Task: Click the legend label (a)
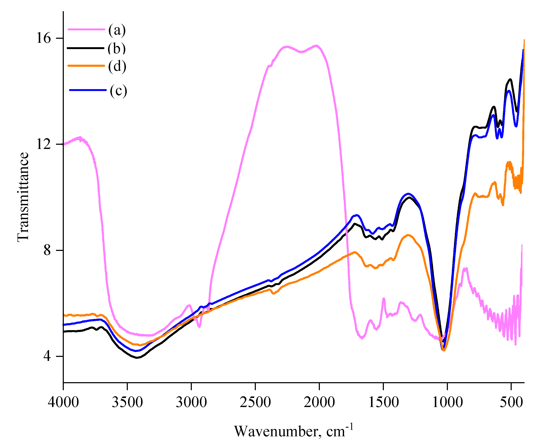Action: pyautogui.click(x=117, y=30)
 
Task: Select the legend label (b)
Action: pyautogui.click(x=116, y=48)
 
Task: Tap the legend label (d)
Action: pyautogui.click(x=117, y=66)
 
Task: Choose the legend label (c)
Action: pyautogui.click(x=119, y=91)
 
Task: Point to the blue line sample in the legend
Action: pyautogui.click(x=88, y=90)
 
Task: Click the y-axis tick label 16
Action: pyautogui.click(x=44, y=38)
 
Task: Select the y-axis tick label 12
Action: pyautogui.click(x=44, y=144)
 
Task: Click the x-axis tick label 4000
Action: pyautogui.click(x=63, y=402)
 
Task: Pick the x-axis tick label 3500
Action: pyautogui.click(x=127, y=402)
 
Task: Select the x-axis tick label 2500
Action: pyautogui.click(x=255, y=402)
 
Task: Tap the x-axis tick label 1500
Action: pyautogui.click(x=383, y=402)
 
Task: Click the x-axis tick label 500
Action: pyautogui.click(x=511, y=402)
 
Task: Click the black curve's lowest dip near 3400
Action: pyautogui.click(x=137, y=358)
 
